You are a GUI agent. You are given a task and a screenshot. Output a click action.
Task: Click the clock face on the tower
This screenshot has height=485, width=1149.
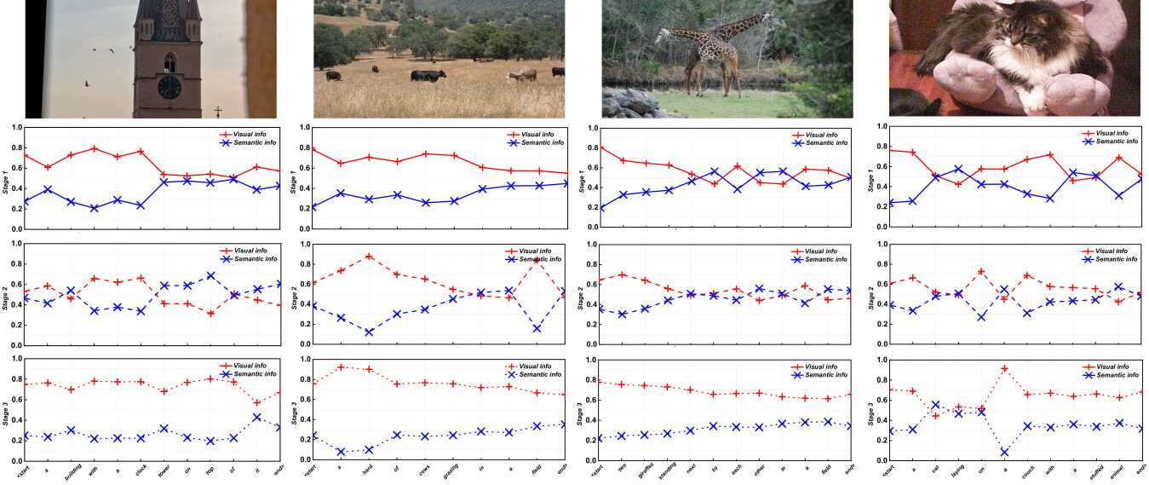click(x=169, y=86)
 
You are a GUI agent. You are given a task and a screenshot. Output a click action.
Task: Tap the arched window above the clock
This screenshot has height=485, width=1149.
click(x=169, y=61)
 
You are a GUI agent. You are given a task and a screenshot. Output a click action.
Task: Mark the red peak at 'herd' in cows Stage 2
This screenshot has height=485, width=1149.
click(x=369, y=256)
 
